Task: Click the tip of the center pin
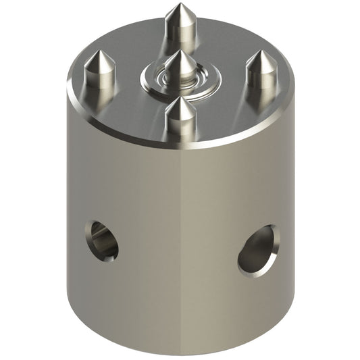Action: (182, 52)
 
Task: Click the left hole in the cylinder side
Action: (102, 240)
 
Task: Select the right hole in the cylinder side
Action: (257, 249)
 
